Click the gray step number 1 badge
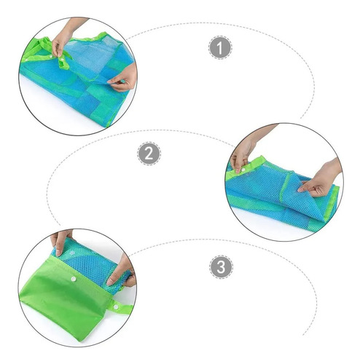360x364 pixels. [220, 47]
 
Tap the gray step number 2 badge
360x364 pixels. [149, 154]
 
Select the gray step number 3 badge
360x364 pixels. [221, 266]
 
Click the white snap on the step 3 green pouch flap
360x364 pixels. [73, 279]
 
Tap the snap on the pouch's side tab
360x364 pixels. [116, 307]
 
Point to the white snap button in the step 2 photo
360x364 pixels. [243, 170]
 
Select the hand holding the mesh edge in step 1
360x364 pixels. [123, 78]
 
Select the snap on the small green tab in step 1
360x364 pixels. [63, 59]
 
